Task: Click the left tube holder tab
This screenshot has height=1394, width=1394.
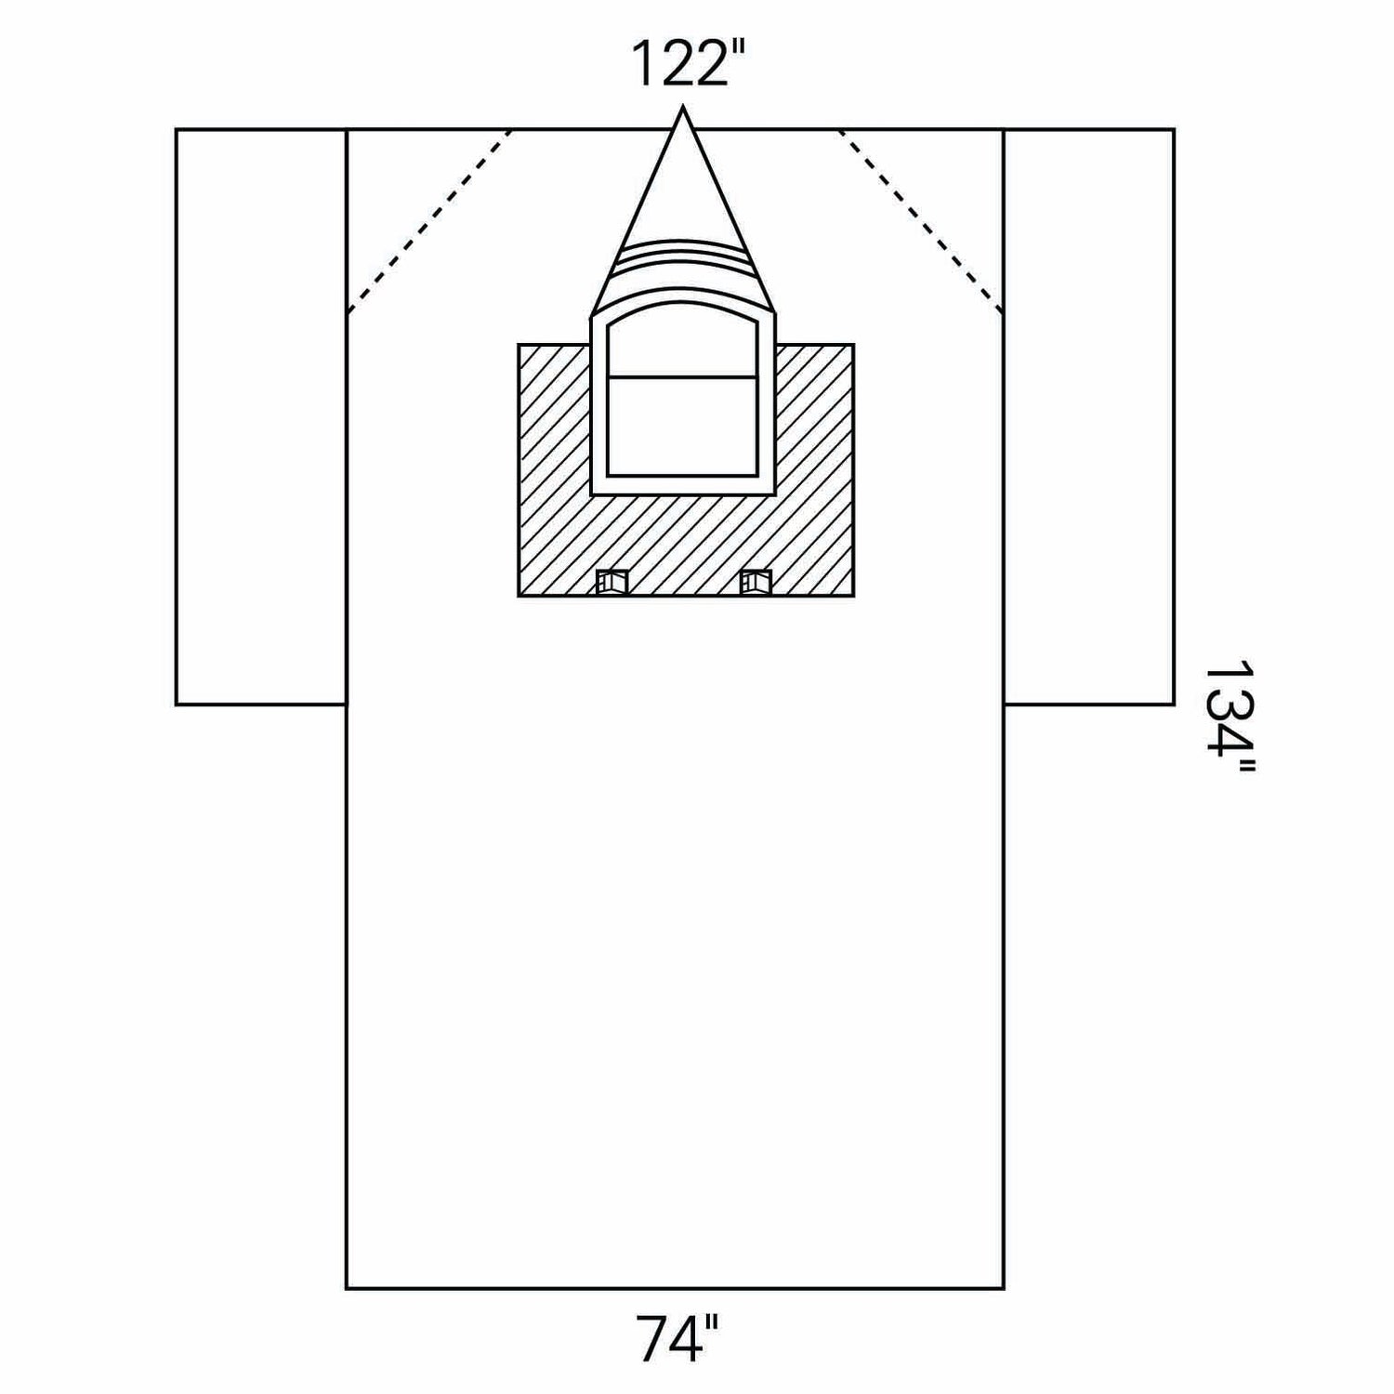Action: [x=612, y=582]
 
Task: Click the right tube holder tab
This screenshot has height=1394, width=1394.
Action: [x=755, y=582]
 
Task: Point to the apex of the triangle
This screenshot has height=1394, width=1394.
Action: [x=684, y=110]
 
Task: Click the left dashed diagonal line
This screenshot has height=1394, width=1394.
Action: [x=429, y=220]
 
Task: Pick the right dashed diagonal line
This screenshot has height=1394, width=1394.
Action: [x=920, y=220]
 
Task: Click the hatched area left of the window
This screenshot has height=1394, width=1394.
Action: [x=554, y=465]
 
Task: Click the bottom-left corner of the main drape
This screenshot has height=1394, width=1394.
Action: [x=347, y=1288]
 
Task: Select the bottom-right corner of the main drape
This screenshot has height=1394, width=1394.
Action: [x=1004, y=1288]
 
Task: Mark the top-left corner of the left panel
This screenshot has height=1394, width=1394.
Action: [x=177, y=130]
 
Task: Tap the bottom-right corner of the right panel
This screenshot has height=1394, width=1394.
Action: [x=1173, y=704]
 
